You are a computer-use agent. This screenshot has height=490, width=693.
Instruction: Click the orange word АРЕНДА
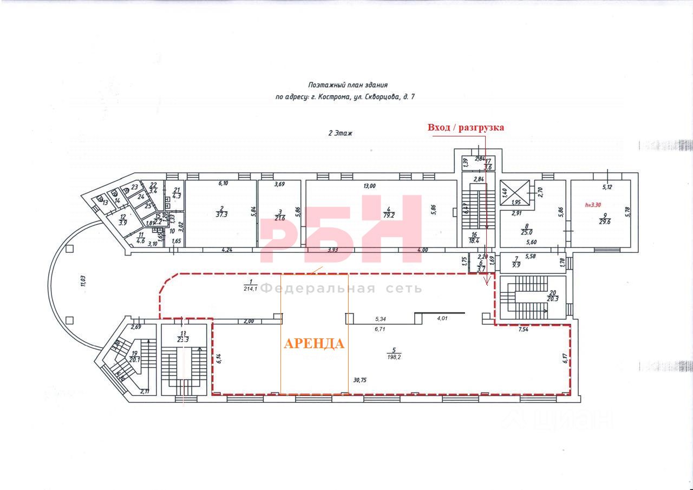(314, 344)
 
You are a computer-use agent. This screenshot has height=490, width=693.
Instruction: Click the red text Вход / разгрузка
(466, 128)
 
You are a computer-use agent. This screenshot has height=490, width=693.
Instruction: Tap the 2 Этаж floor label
(340, 133)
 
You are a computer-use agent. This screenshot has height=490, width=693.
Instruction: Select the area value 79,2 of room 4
(374, 214)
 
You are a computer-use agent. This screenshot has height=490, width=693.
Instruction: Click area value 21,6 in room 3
(279, 218)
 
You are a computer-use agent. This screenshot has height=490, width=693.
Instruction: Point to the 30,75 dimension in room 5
(359, 380)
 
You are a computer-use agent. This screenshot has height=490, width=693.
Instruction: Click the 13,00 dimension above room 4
(369, 186)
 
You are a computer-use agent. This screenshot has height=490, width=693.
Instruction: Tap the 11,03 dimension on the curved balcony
(83, 280)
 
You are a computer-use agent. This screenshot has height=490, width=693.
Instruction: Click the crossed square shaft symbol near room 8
(515, 191)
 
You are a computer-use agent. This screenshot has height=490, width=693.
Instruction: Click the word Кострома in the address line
(335, 97)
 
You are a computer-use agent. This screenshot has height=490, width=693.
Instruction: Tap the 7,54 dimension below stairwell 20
(524, 329)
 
